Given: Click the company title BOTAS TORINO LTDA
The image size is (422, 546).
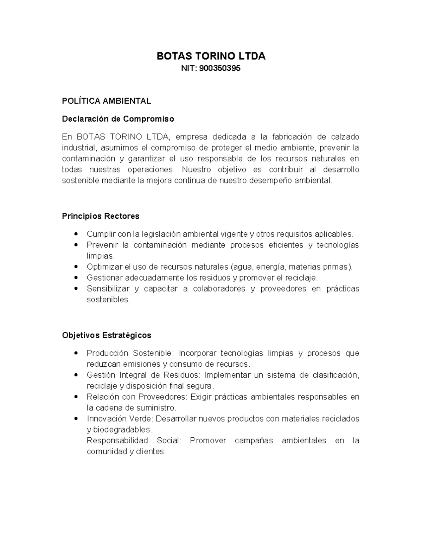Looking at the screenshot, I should (x=211, y=56).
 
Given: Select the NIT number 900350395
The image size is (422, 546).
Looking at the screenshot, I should (x=220, y=69).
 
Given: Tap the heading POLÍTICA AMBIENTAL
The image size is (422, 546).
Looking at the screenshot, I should (x=106, y=101).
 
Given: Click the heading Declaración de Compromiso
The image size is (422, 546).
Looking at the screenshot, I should (x=118, y=119).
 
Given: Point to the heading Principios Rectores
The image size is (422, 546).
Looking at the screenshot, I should (x=101, y=216).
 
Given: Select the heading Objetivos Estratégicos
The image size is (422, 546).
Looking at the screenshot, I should (x=107, y=335).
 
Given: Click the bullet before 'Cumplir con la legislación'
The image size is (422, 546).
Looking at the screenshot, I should (x=76, y=234).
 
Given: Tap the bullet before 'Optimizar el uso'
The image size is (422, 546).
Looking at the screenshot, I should (x=76, y=267).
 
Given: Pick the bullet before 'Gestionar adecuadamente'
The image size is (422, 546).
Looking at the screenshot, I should (x=76, y=278).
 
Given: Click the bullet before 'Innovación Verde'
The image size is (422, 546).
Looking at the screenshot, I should (x=76, y=419).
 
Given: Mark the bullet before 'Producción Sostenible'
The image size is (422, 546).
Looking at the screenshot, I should (x=76, y=353).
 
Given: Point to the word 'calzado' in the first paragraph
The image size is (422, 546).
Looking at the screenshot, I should (x=345, y=137).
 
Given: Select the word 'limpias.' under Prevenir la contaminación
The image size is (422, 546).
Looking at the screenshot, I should (x=101, y=256).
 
